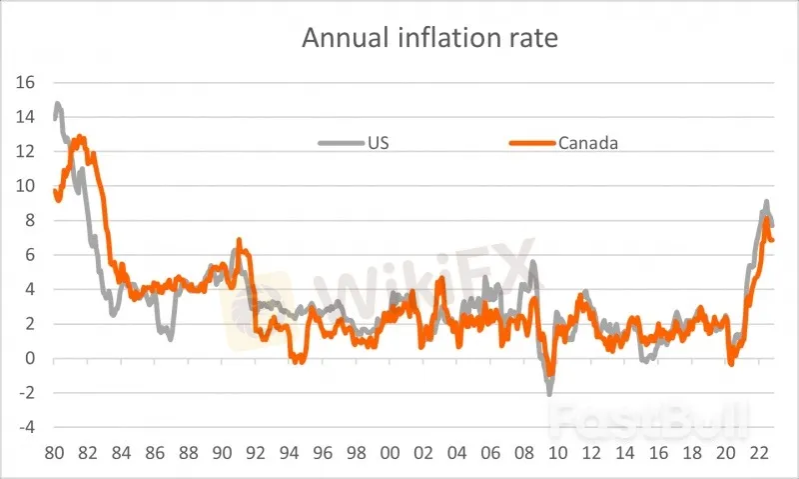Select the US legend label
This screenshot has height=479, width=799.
click(x=379, y=142)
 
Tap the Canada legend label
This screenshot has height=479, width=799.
click(x=588, y=142)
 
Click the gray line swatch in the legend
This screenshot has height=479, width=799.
click(x=339, y=142)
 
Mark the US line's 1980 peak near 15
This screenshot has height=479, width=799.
click(x=58, y=103)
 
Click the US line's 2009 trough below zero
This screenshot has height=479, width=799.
click(x=549, y=393)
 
